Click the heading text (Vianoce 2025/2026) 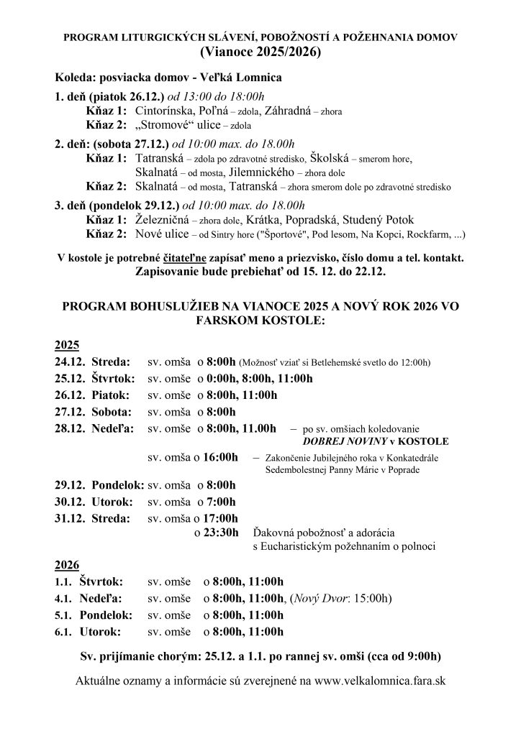pos(260,52)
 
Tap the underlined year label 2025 pos(68,345)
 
